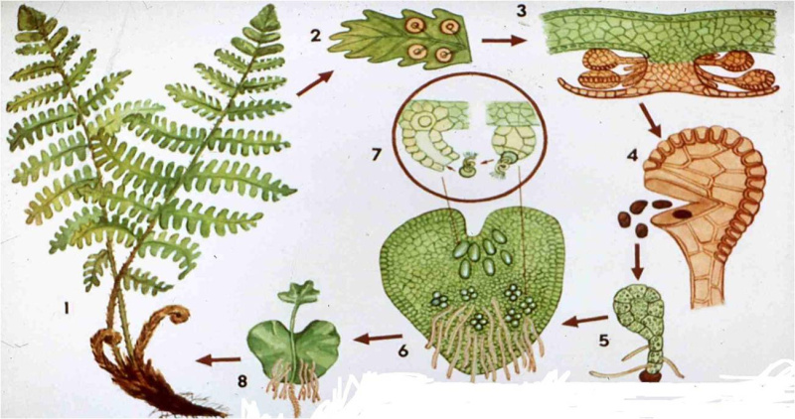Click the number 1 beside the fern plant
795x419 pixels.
pyautogui.click(x=67, y=307)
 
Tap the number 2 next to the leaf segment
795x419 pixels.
pyautogui.click(x=316, y=36)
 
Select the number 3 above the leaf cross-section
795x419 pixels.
pyautogui.click(x=522, y=10)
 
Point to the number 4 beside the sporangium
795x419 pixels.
pyautogui.click(x=632, y=155)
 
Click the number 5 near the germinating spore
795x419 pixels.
pyautogui.click(x=604, y=340)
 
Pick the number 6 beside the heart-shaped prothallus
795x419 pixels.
pyautogui.click(x=403, y=350)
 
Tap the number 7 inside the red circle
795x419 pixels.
pyautogui.click(x=376, y=154)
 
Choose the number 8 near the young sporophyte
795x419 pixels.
pyautogui.click(x=242, y=380)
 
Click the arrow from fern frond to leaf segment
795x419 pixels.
pyautogui.click(x=315, y=83)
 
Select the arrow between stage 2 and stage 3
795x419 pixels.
pyautogui.click(x=503, y=40)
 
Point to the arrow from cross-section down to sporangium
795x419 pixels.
pyautogui.click(x=650, y=120)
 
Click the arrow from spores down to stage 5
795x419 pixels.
pyautogui.click(x=638, y=262)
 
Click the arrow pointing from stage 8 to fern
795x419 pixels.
pyautogui.click(x=218, y=359)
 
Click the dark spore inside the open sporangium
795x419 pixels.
pyautogui.click(x=682, y=214)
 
